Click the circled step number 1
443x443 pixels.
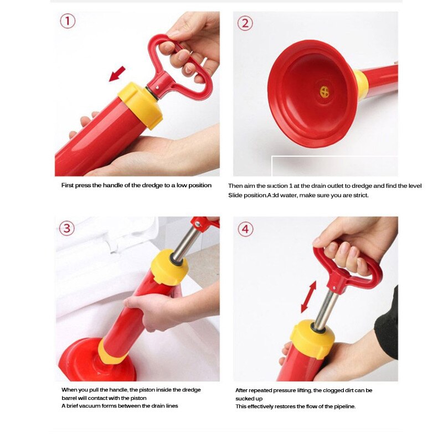click(67, 22)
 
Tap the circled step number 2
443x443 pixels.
click(245, 23)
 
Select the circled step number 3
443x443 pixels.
click(67, 228)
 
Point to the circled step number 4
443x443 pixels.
click(245, 229)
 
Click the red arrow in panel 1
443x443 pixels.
click(117, 74)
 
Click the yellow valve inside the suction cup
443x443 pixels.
click(324, 92)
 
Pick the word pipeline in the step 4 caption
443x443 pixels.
click(342, 406)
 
